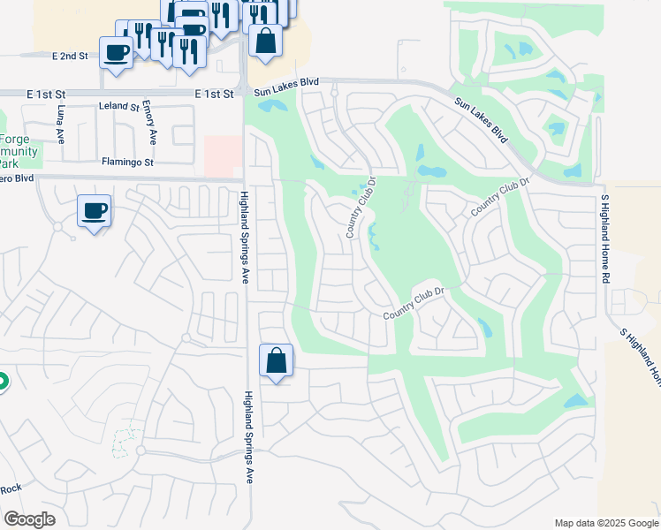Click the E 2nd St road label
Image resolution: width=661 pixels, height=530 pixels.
click(71, 56)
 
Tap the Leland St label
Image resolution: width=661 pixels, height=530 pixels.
click(119, 106)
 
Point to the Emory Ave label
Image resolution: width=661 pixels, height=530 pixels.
click(152, 124)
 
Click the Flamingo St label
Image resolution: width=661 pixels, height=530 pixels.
click(127, 163)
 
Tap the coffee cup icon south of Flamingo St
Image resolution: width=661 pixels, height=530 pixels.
click(94, 211)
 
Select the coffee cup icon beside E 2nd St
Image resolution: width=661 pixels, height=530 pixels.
click(117, 52)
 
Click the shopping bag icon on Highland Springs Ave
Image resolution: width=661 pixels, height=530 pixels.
click(276, 360)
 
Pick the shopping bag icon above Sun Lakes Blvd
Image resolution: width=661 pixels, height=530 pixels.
click(265, 41)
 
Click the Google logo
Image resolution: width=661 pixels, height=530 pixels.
click(29, 519)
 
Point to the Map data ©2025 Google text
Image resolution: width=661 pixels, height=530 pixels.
click(606, 523)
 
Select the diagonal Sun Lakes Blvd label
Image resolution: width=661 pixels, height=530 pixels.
click(482, 121)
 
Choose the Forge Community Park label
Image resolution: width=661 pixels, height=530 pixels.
click(19, 151)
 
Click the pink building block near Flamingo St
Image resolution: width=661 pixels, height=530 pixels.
click(223, 155)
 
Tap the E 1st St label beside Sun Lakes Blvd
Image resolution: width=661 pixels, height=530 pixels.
click(216, 92)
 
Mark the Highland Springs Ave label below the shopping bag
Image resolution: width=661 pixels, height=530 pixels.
click(248, 436)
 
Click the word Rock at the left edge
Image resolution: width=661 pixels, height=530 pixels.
click(10, 488)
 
